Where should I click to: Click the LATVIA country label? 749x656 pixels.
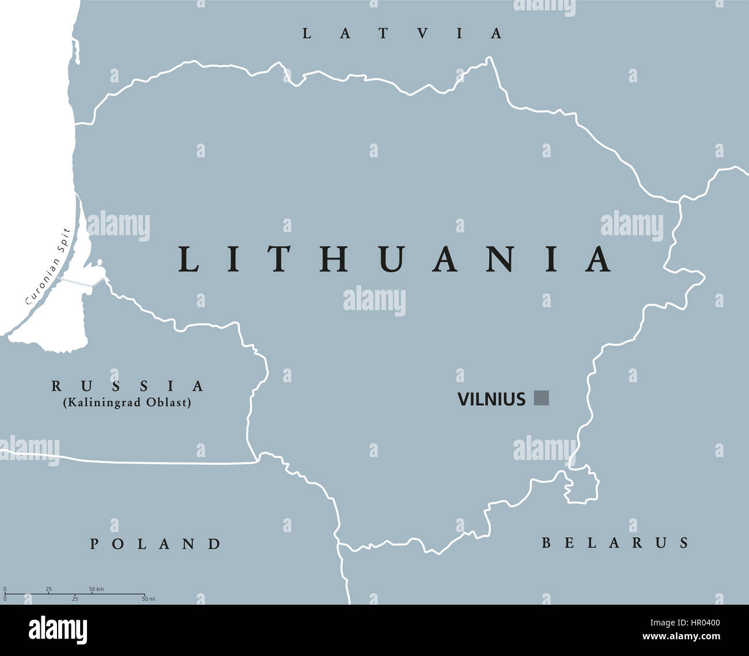click(x=402, y=33)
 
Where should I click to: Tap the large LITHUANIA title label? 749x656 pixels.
click(x=395, y=259)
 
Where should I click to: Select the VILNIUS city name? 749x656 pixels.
click(x=491, y=399)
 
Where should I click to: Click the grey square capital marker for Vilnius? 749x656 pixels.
click(x=542, y=398)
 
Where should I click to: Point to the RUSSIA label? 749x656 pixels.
click(x=127, y=385)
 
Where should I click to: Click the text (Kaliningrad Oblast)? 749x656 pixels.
click(x=127, y=402)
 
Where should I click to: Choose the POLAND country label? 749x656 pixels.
click(x=156, y=543)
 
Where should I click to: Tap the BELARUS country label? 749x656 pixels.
click(x=615, y=542)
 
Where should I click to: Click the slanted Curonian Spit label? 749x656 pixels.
click(x=48, y=266)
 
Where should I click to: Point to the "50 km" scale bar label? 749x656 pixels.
click(x=96, y=589)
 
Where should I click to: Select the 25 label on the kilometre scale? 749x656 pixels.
click(x=48, y=589)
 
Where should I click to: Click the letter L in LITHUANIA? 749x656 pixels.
click(x=188, y=259)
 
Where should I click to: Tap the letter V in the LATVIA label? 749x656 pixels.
click(x=423, y=33)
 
